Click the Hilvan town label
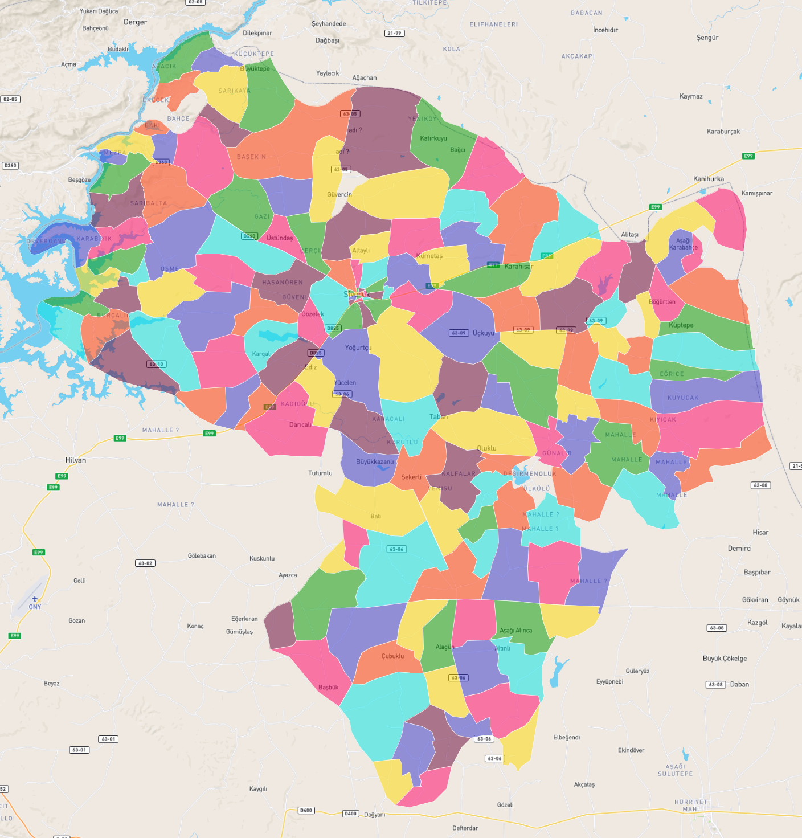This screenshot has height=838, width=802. (76, 460)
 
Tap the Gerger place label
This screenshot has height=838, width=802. (135, 22)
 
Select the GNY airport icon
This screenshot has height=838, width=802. (35, 599)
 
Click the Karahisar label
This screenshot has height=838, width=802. (518, 267)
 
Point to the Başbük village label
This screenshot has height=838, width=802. (328, 688)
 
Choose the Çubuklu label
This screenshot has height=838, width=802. (392, 656)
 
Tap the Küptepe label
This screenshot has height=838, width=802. (681, 325)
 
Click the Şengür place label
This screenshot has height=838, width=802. (707, 38)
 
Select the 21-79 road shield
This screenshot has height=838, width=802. (394, 33)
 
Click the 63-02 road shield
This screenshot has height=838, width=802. (145, 563)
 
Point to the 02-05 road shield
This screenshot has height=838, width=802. (10, 99)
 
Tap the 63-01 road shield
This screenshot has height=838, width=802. (108, 739)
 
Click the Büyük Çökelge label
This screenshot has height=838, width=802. (725, 659)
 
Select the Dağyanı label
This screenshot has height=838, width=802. (374, 815)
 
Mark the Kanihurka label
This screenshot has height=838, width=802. (709, 179)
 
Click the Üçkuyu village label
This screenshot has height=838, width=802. (484, 333)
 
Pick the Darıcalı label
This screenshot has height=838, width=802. (300, 424)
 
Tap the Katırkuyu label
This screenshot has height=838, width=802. (433, 138)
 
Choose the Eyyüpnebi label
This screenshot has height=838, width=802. (609, 682)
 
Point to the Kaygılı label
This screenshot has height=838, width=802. (258, 789)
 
